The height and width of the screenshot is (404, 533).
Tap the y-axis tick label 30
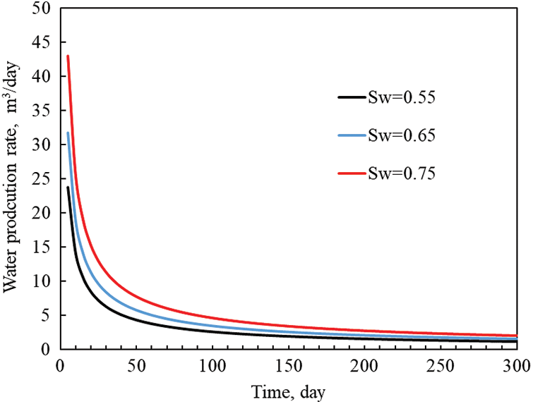click(42, 145)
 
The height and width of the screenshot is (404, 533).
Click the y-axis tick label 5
click(46, 315)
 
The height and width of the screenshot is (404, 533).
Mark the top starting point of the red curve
click(68, 56)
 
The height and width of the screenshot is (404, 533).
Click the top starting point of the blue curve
click(68, 133)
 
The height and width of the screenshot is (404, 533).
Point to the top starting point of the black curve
click(68, 187)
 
